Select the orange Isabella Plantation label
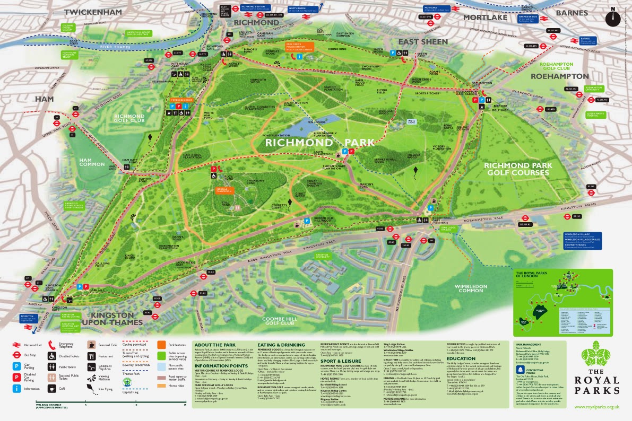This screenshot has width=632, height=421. click(224, 190)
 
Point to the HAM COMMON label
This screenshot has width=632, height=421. click(92, 161)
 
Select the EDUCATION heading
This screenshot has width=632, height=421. click(461, 358)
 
